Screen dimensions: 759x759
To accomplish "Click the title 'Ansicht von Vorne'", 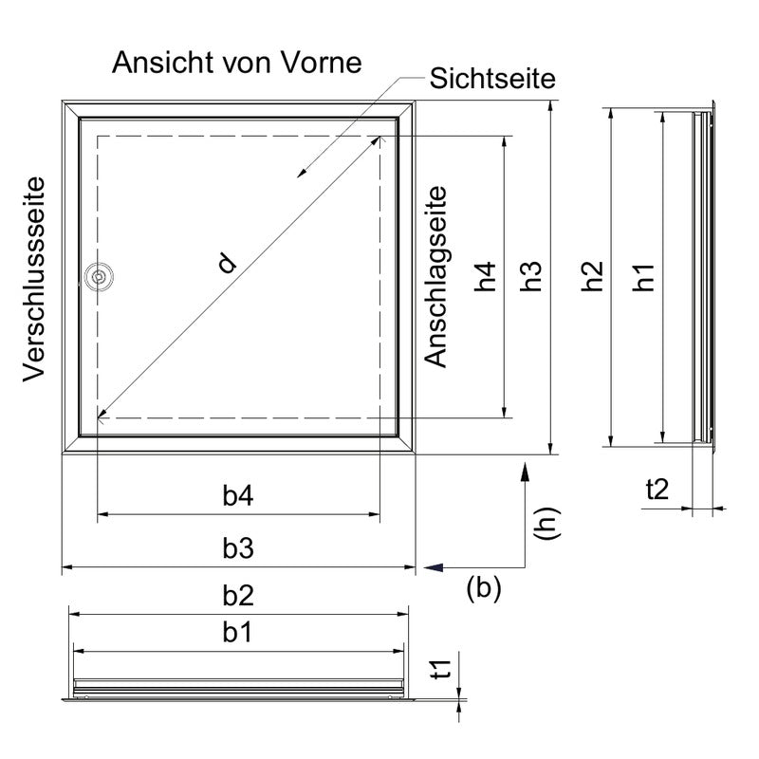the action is pos(236,63).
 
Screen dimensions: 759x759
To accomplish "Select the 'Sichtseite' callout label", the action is pos(492,79).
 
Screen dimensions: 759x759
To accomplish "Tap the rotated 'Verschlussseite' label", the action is pos(34,279).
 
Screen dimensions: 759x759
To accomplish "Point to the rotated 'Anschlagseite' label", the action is pos(435,277).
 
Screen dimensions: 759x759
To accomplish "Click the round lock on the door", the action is pos(99,277).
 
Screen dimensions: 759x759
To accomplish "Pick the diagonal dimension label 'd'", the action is pos(227,264).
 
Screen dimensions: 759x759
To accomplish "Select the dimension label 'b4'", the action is pos(238,495).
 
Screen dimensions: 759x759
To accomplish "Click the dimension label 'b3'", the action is pos(238,548).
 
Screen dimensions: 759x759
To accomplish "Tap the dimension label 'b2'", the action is pos(238,596).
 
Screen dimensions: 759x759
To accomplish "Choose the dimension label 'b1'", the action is pos(237,633).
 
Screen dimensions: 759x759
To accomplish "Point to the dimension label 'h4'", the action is pos(486,276).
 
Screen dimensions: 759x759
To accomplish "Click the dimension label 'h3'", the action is pos(530,276).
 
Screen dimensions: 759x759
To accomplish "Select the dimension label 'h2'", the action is pos(592,276).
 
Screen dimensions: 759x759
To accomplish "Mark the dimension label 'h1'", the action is pos(643,277).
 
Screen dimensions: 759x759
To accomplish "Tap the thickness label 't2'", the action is pos(657,490).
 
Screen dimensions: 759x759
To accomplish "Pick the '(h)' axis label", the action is pos(547,524).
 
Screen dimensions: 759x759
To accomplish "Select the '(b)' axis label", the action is pos(484,587).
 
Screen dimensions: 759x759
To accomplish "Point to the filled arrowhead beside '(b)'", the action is pos(434,567).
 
